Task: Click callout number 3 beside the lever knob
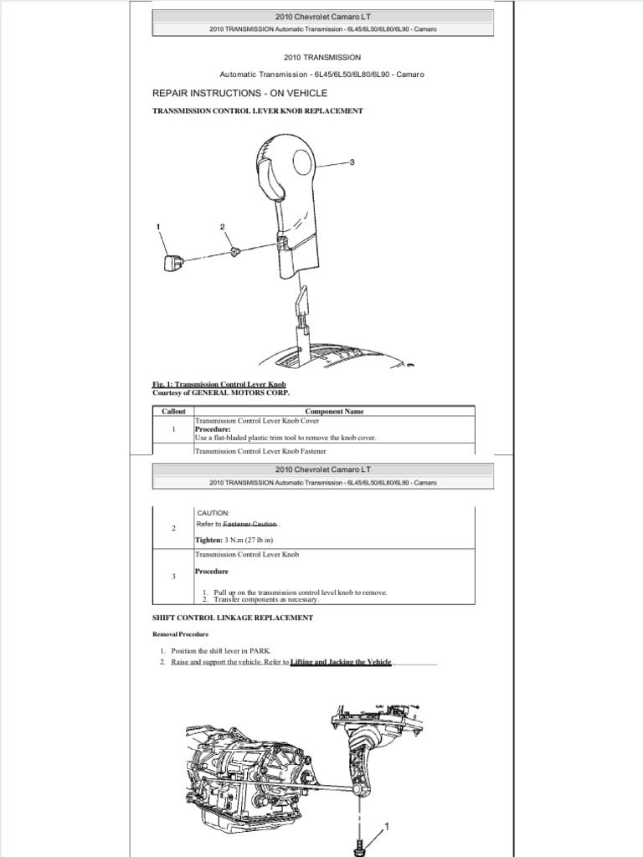[x=352, y=162]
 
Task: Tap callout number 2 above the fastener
[x=223, y=227]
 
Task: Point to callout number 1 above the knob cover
[x=157, y=227]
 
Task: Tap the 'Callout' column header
[x=173, y=412]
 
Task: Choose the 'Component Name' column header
[x=334, y=412]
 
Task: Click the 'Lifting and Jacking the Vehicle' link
[x=341, y=662]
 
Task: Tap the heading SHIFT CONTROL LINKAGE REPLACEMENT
[x=233, y=618]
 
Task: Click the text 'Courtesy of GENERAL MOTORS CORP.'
[x=214, y=393]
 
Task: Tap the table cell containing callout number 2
[x=173, y=529]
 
